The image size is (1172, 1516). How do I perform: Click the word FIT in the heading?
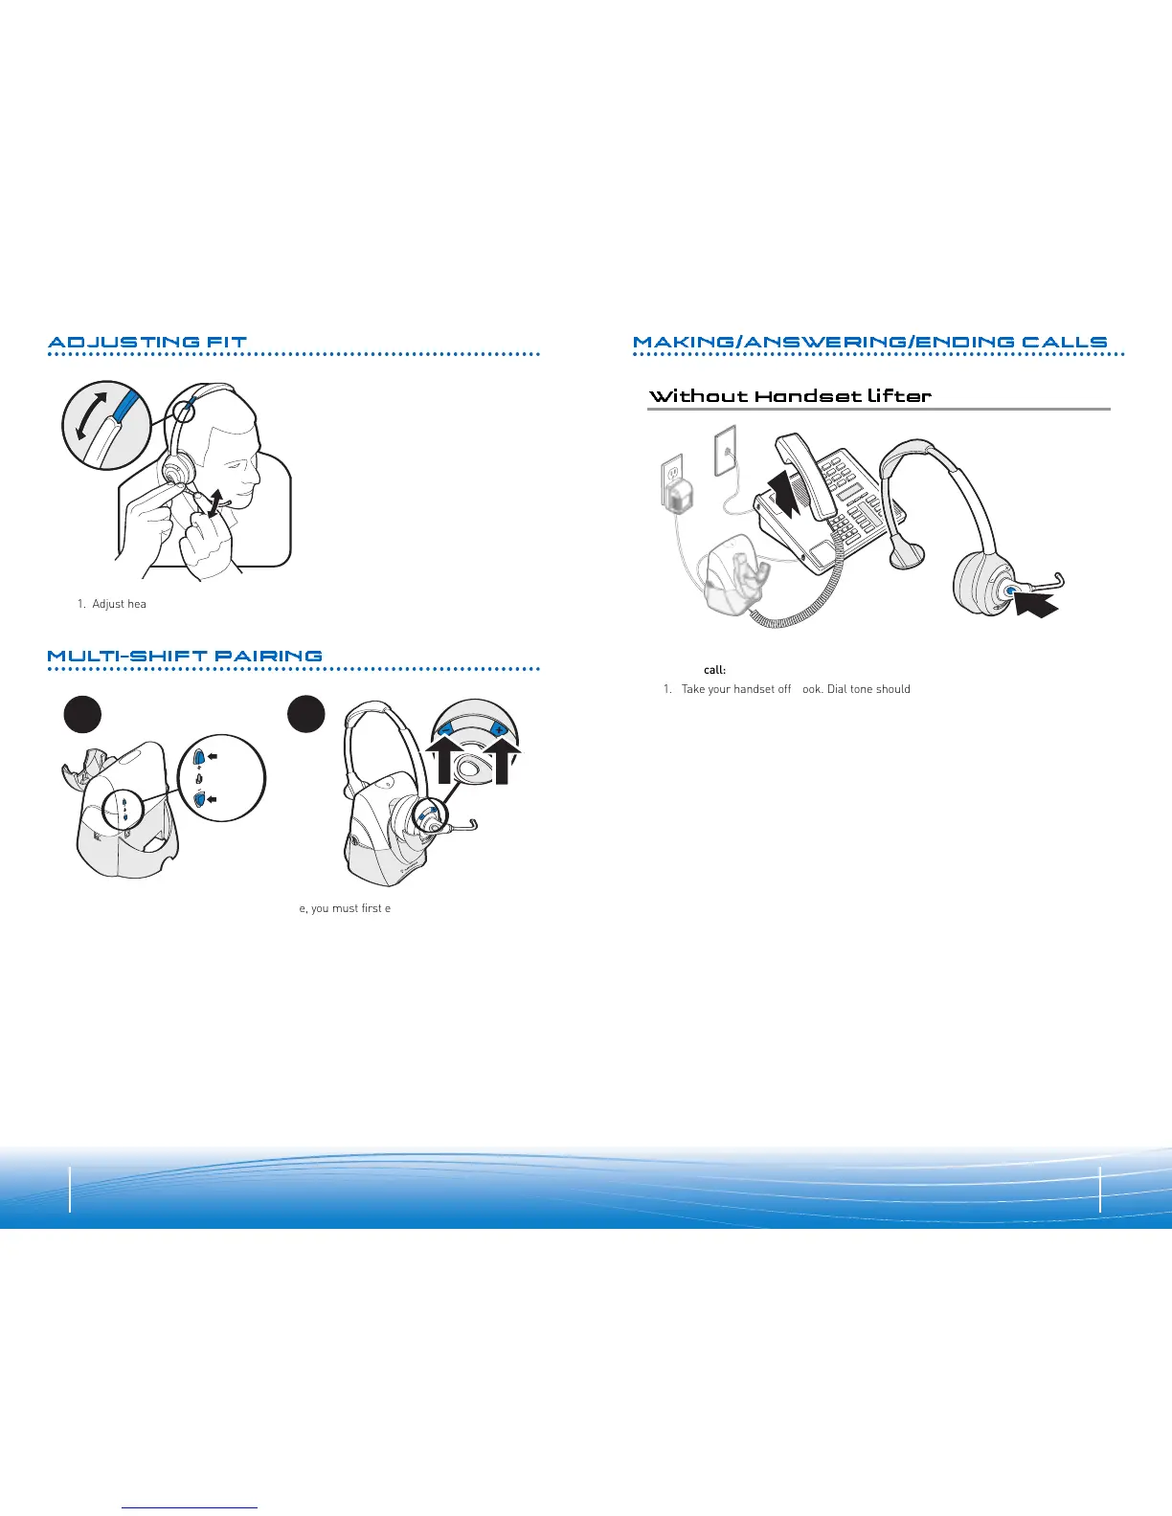(224, 342)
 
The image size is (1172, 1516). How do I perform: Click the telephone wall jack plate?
(726, 450)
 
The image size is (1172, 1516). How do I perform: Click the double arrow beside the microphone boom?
(219, 500)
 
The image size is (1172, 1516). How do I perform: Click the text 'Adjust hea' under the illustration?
(119, 605)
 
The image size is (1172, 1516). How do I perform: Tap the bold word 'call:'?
(714, 670)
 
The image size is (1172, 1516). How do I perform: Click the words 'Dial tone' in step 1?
(850, 689)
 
